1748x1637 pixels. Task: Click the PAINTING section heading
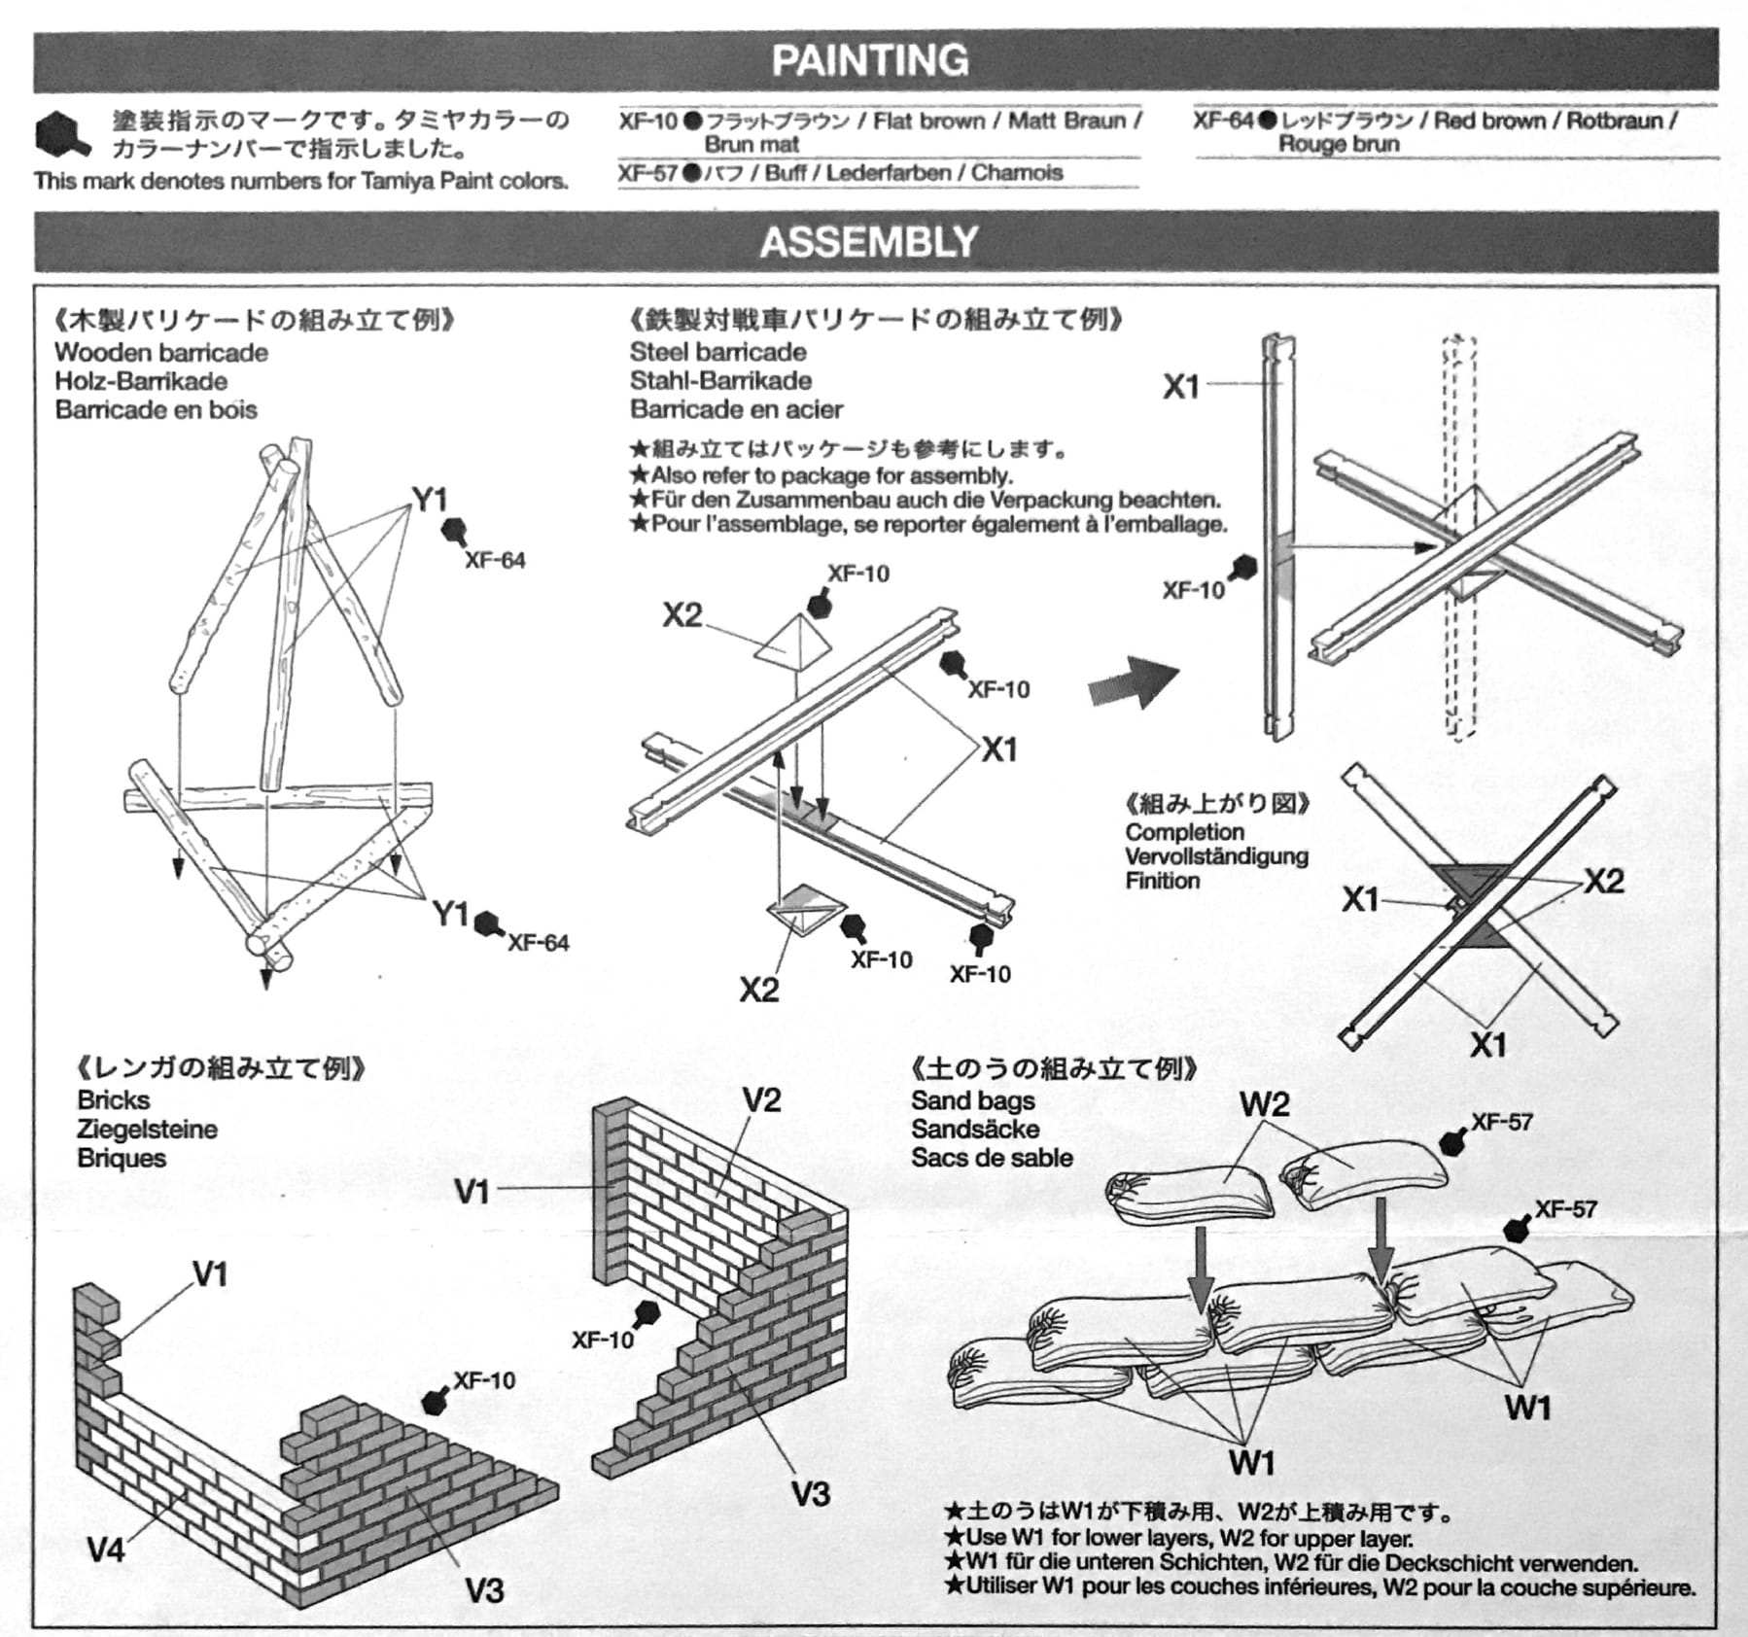(x=870, y=60)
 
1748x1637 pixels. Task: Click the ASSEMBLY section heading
(x=869, y=242)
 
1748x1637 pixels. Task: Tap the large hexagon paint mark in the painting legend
(x=61, y=135)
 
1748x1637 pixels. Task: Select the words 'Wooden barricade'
(x=161, y=352)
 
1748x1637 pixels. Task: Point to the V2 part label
(x=761, y=1099)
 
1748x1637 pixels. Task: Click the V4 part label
(x=106, y=1549)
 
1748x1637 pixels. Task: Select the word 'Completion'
(x=1184, y=832)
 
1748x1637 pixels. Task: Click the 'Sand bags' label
(x=972, y=1100)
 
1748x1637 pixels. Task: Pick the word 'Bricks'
(x=114, y=1099)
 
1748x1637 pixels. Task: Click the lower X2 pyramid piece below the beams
(x=802, y=910)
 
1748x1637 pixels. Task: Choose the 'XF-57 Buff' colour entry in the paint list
(x=841, y=173)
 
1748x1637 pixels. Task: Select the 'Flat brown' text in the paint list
(x=928, y=121)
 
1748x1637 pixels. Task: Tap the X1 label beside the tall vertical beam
(x=1181, y=386)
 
